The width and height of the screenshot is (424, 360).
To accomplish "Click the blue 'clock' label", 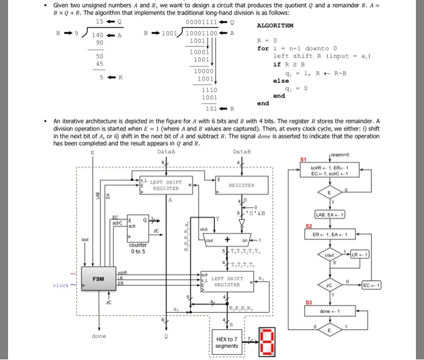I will click(x=61, y=285).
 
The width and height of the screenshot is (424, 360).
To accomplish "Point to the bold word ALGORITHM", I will click(x=275, y=27).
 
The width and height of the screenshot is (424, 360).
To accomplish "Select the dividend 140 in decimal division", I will click(x=99, y=35).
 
